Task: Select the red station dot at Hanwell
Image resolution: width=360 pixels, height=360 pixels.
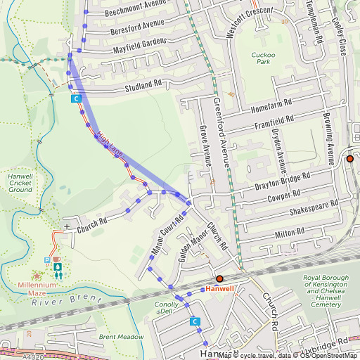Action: pyautogui.click(x=219, y=278)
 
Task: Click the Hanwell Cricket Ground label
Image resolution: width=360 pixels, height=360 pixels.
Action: pyautogui.click(x=20, y=183)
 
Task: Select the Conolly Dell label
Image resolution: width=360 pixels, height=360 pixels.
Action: pyautogui.click(x=166, y=307)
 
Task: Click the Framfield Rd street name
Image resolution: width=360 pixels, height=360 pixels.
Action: pyautogui.click(x=273, y=127)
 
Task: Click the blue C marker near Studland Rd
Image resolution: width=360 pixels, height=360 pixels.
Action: pyautogui.click(x=75, y=99)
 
